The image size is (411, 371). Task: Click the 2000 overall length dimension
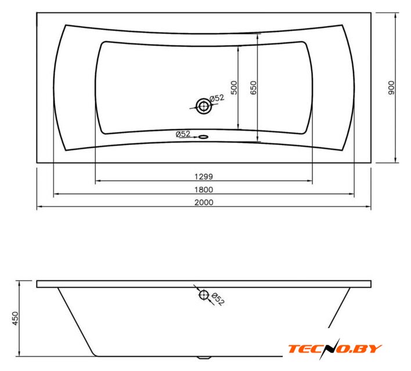coord(204,202)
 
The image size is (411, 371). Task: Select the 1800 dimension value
coord(204,190)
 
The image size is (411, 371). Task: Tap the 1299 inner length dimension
coord(204,177)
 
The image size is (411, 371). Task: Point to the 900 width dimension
coord(391,88)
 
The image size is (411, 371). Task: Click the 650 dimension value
coord(254,88)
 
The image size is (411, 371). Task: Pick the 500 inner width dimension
coord(234,88)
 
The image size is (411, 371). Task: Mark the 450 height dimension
coord(16,318)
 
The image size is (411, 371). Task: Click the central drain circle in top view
coord(204,106)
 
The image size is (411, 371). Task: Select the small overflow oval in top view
coord(203,137)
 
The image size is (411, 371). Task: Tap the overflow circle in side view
coord(204,295)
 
